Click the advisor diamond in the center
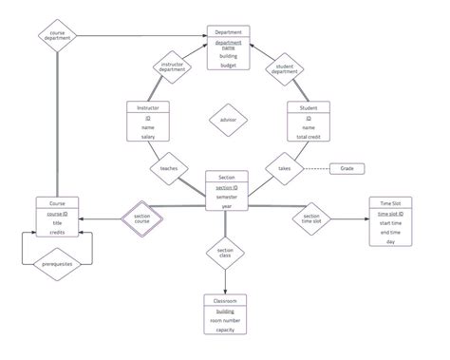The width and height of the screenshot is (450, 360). click(x=227, y=121)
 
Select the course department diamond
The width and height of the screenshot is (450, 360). click(x=56, y=37)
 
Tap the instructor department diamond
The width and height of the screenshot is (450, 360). click(x=172, y=67)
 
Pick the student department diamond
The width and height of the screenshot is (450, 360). click(x=284, y=67)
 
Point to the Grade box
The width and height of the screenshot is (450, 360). click(x=347, y=168)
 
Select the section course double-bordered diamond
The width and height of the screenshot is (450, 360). click(x=141, y=218)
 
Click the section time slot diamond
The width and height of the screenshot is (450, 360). click(x=311, y=218)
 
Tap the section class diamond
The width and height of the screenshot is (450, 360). click(x=226, y=253)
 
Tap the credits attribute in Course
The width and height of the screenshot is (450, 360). click(x=56, y=232)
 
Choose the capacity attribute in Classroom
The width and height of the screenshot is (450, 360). click(x=226, y=332)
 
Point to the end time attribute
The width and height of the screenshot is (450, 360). click(x=389, y=232)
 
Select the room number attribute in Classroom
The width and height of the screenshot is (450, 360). click(x=226, y=321)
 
